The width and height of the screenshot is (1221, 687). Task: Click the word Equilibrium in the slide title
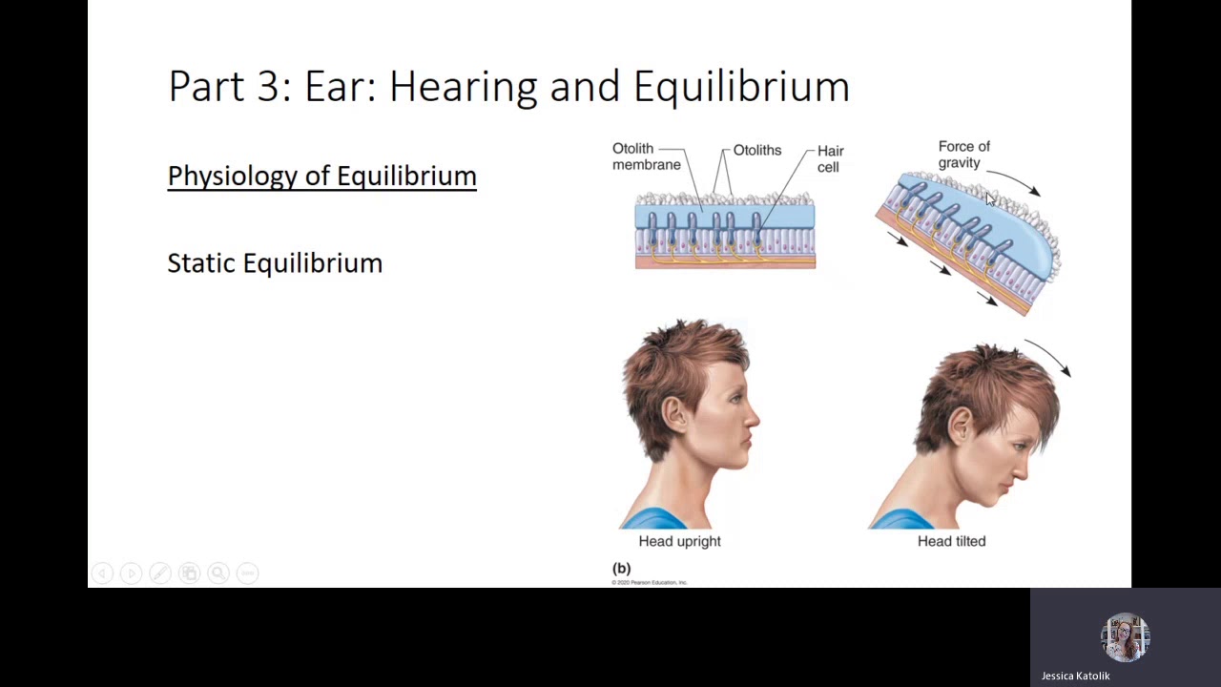pyautogui.click(x=741, y=87)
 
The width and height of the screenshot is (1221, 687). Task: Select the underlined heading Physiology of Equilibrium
pyautogui.click(x=321, y=177)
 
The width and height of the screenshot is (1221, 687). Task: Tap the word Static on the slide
pyautogui.click(x=201, y=263)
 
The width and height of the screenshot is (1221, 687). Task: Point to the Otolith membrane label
pyautogui.click(x=646, y=156)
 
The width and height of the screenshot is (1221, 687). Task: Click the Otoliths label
pyautogui.click(x=757, y=151)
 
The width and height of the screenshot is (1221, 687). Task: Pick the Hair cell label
pyautogui.click(x=830, y=158)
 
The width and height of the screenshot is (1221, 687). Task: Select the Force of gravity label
pyautogui.click(x=963, y=155)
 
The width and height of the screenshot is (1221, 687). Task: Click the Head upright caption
pyautogui.click(x=679, y=541)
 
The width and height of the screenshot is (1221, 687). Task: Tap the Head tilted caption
pyautogui.click(x=951, y=541)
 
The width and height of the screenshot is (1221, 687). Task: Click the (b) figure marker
pyautogui.click(x=621, y=568)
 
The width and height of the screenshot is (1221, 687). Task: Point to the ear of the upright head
pyautogui.click(x=674, y=413)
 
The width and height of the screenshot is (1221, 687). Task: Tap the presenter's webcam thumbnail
pyautogui.click(x=1125, y=638)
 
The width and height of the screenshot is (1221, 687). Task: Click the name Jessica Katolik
pyautogui.click(x=1075, y=676)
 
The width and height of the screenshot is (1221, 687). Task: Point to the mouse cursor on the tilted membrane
pyautogui.click(x=990, y=198)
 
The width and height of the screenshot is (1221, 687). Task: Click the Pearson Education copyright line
pyautogui.click(x=650, y=582)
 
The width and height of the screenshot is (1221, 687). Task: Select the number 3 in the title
pyautogui.click(x=269, y=87)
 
